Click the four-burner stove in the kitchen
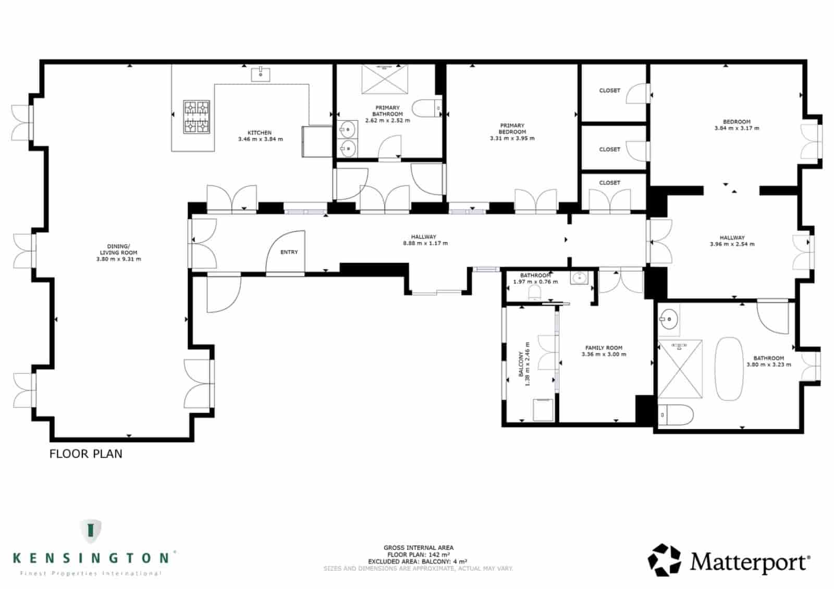(x=197, y=117)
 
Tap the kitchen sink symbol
(x=261, y=74)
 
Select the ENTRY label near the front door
(x=289, y=252)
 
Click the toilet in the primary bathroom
(x=425, y=108)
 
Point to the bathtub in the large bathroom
(x=728, y=369)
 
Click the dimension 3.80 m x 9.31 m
(x=118, y=259)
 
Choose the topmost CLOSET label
(x=609, y=91)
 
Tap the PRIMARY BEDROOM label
(x=512, y=129)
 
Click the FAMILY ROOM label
(x=604, y=348)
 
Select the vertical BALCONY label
(x=521, y=364)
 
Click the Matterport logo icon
(x=664, y=560)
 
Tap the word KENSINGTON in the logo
(x=91, y=558)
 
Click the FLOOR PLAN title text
(x=86, y=454)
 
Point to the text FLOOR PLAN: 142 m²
(x=418, y=555)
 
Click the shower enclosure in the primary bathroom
(x=385, y=79)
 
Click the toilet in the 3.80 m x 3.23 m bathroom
(x=676, y=415)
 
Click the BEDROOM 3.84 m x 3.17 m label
(x=737, y=125)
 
